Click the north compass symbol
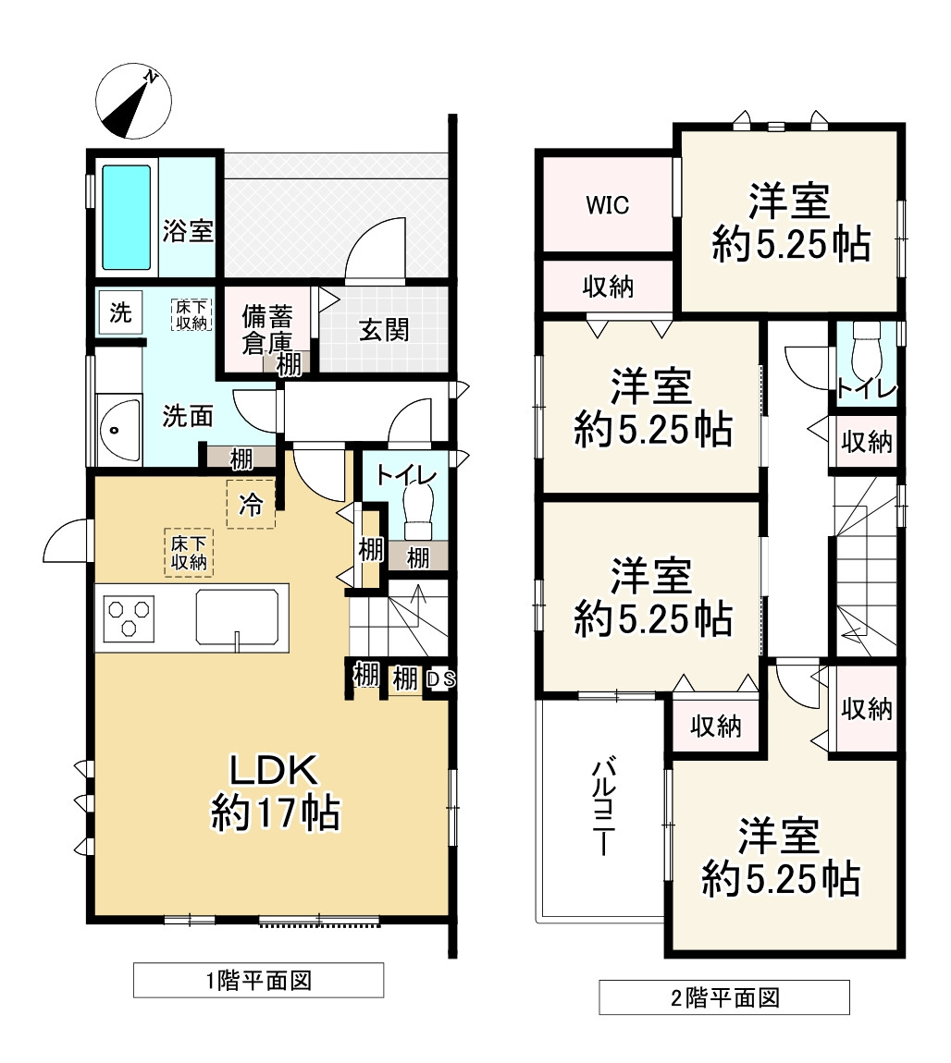coord(133,102)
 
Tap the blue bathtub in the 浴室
coord(126,217)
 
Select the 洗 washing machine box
coord(120,312)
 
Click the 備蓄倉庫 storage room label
coord(267,329)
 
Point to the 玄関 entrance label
coord(384,330)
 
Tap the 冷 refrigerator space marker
coord(251,504)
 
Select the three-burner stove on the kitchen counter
coord(129,617)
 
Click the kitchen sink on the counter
coord(238,617)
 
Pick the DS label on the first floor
coord(441,678)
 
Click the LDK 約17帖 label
coord(275,792)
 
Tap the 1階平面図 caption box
coord(258,981)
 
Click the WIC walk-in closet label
coord(607,204)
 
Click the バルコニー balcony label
coord(603,808)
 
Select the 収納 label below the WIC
coord(608,287)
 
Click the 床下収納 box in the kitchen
coord(189,553)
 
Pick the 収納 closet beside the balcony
coord(716,726)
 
